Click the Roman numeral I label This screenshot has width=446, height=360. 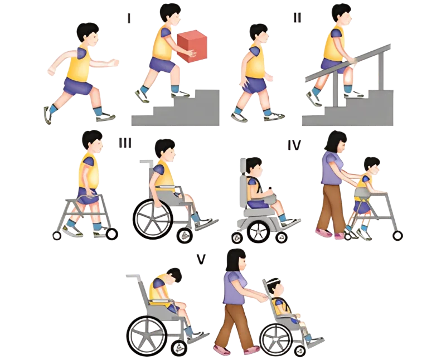[129, 18]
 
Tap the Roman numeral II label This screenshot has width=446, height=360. [297, 18]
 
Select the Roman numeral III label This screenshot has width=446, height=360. [125, 143]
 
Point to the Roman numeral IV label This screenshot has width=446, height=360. [294, 145]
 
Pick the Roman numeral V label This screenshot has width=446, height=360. [201, 259]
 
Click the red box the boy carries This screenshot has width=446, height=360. [192, 46]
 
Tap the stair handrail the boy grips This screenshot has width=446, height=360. [347, 63]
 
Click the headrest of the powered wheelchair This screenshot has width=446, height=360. [243, 167]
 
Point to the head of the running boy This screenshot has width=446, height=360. [89, 34]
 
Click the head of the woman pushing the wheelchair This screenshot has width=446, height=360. [236, 260]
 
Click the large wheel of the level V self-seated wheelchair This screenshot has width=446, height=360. [147, 335]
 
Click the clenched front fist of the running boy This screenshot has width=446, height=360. [114, 63]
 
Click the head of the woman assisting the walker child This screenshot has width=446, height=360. [336, 142]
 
